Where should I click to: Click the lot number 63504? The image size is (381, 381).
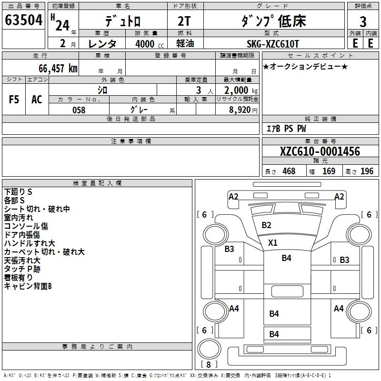click(x=23, y=21)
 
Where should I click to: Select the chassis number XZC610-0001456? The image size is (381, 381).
click(x=320, y=152)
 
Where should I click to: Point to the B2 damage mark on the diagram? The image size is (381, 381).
click(x=266, y=225)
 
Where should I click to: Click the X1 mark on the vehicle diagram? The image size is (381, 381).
click(x=272, y=242)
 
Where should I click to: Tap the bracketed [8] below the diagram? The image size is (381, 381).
click(x=209, y=364)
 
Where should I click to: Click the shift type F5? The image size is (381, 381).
click(x=14, y=99)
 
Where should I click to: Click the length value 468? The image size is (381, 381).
click(x=289, y=171)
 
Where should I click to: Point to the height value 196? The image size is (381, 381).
click(x=367, y=171)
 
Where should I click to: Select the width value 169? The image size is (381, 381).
click(x=329, y=171)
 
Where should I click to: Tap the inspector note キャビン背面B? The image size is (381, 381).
click(x=28, y=286)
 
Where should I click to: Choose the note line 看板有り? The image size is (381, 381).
click(x=19, y=278)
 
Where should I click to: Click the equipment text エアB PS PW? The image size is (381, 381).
click(x=286, y=129)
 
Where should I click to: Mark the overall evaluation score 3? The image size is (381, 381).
click(x=363, y=22)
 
